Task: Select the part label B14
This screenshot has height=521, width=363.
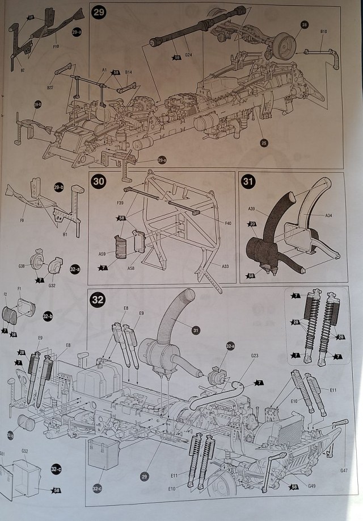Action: pyautogui.click(x=128, y=72)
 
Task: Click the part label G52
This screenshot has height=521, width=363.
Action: pyautogui.click(x=25, y=451)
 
